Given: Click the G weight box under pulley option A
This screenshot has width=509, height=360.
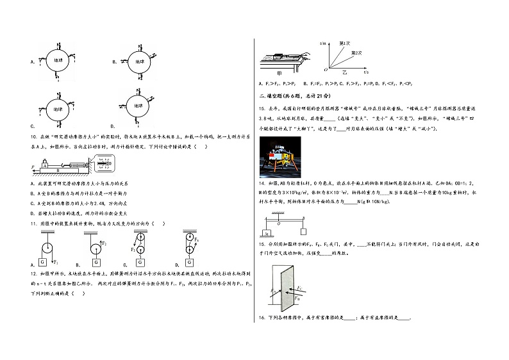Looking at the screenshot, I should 44,262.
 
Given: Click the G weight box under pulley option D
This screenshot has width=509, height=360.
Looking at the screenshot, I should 190,262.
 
